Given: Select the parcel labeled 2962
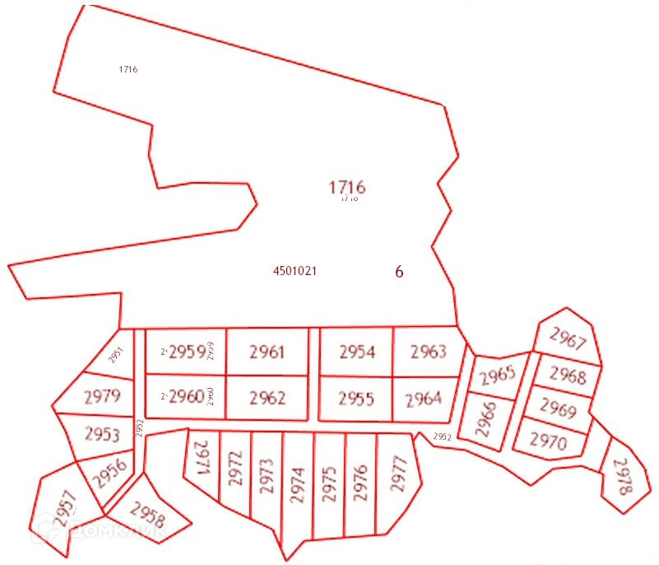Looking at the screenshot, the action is pyautogui.click(x=267, y=399).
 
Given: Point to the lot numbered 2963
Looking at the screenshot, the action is pyautogui.click(x=428, y=353).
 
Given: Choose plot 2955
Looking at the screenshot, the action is pyautogui.click(x=356, y=399).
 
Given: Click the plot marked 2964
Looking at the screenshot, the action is pyautogui.click(x=424, y=399).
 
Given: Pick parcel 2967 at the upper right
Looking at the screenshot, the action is pyautogui.click(x=568, y=339).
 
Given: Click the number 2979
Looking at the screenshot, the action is pyautogui.click(x=102, y=396).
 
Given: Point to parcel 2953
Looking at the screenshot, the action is pyautogui.click(x=102, y=435).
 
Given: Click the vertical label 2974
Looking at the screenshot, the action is pyautogui.click(x=298, y=486).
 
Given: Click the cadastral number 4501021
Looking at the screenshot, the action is pyautogui.click(x=295, y=271).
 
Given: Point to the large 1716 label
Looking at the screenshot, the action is pyautogui.click(x=346, y=187).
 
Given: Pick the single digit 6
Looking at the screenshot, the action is pyautogui.click(x=399, y=273).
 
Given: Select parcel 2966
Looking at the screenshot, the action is pyautogui.click(x=485, y=418).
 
